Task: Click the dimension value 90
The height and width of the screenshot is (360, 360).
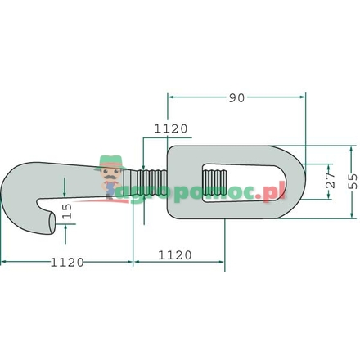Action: tap(236, 97)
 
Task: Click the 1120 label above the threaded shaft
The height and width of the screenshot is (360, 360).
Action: tap(171, 128)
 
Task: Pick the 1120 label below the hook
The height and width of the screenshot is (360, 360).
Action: tap(67, 262)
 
